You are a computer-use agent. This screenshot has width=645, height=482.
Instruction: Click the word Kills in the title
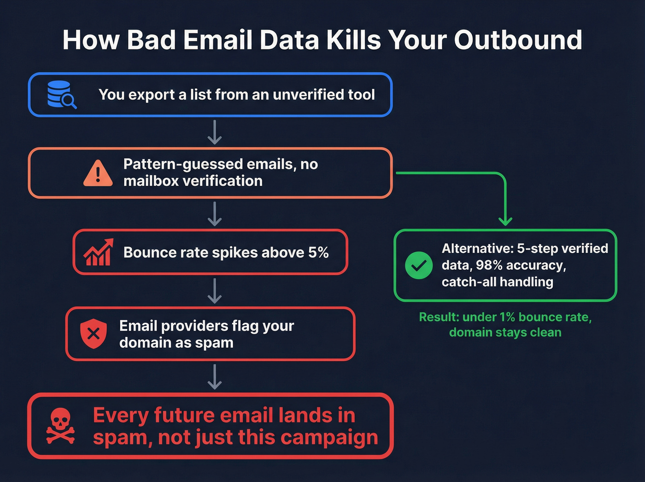tap(354, 40)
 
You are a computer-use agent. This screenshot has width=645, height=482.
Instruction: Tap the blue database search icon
tap(61, 95)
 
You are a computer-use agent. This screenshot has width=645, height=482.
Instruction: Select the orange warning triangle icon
tap(98, 173)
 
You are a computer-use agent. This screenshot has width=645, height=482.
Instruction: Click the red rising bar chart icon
tap(98, 252)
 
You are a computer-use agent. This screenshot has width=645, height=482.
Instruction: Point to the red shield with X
tap(94, 333)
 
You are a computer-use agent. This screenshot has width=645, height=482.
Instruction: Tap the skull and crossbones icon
tap(60, 426)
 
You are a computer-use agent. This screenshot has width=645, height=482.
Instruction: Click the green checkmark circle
tap(418, 265)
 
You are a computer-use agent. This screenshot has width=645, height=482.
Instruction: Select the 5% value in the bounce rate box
tap(318, 253)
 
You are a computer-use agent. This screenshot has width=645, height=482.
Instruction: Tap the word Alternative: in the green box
tap(477, 249)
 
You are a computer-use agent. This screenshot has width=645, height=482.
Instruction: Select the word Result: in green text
tap(439, 317)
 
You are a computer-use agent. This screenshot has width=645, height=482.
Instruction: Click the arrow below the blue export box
tap(215, 132)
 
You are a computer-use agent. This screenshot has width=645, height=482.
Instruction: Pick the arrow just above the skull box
tap(215, 377)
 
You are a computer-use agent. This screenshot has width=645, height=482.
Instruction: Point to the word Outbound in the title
tap(518, 40)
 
